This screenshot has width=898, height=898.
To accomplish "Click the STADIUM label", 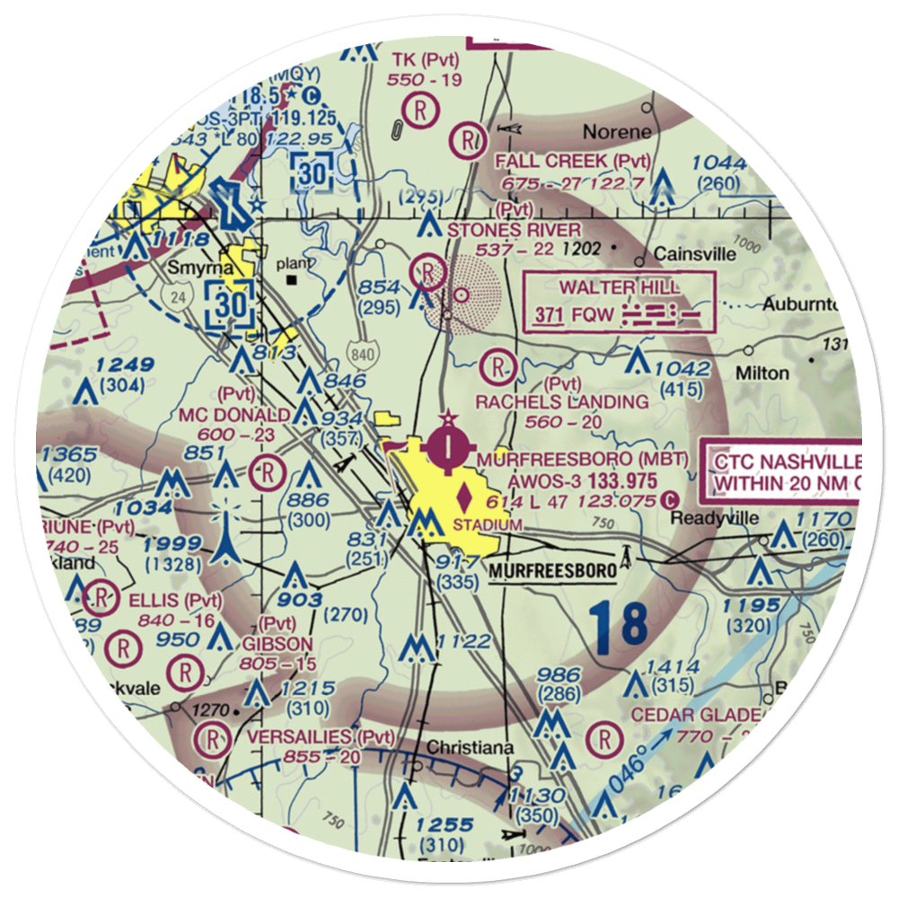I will click(487, 524).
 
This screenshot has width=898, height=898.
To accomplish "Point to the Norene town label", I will click(617, 131).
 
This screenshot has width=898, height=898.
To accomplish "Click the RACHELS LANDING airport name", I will click(562, 401).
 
